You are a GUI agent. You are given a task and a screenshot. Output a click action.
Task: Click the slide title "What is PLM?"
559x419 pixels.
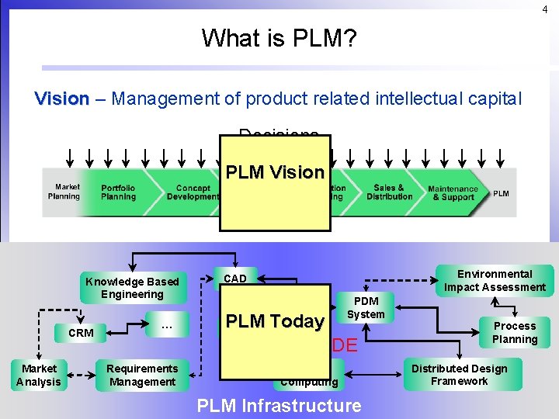(x=279, y=37)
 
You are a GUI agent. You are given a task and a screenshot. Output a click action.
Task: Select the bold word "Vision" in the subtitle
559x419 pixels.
(x=62, y=99)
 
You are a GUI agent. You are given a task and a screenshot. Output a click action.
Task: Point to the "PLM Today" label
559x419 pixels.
(x=275, y=321)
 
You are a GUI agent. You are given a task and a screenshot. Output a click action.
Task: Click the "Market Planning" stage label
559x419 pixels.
(x=67, y=192)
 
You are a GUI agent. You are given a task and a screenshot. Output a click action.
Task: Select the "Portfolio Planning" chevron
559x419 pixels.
(x=118, y=192)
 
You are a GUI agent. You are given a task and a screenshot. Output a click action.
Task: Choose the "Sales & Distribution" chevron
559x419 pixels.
(x=389, y=192)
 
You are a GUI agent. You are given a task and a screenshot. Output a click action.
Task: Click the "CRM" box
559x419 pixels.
(x=81, y=333)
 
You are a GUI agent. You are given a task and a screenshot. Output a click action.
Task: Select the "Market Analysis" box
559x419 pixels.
(x=38, y=375)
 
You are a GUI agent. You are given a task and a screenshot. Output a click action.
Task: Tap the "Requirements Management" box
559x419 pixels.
(x=142, y=375)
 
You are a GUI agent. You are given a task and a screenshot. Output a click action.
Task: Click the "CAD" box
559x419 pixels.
(x=235, y=279)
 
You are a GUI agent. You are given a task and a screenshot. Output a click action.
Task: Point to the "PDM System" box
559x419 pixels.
(x=366, y=307)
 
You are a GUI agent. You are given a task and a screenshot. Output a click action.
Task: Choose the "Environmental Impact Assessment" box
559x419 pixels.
(x=495, y=280)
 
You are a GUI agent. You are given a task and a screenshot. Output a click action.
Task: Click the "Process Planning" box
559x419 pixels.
(x=515, y=332)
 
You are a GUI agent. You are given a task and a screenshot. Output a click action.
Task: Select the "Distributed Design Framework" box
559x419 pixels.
(x=459, y=375)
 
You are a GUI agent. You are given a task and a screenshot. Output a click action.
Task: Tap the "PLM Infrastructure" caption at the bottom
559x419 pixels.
(x=279, y=405)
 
